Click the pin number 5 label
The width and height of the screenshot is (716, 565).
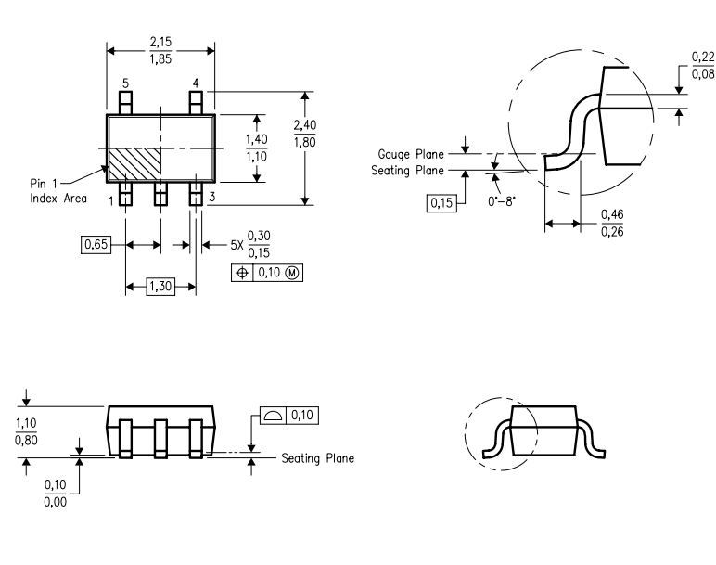[x=126, y=83]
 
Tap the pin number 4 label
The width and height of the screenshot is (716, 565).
[x=196, y=83]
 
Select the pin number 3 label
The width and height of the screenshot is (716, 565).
[x=211, y=197]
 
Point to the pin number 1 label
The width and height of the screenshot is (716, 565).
[x=111, y=199]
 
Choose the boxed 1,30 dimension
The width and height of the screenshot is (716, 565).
[x=160, y=289]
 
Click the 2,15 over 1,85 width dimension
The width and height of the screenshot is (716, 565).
[x=160, y=52]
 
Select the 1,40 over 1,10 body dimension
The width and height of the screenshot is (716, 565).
[x=257, y=148]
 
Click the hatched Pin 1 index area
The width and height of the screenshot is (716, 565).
[x=134, y=164]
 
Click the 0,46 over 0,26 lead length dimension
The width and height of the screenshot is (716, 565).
[x=612, y=223]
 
